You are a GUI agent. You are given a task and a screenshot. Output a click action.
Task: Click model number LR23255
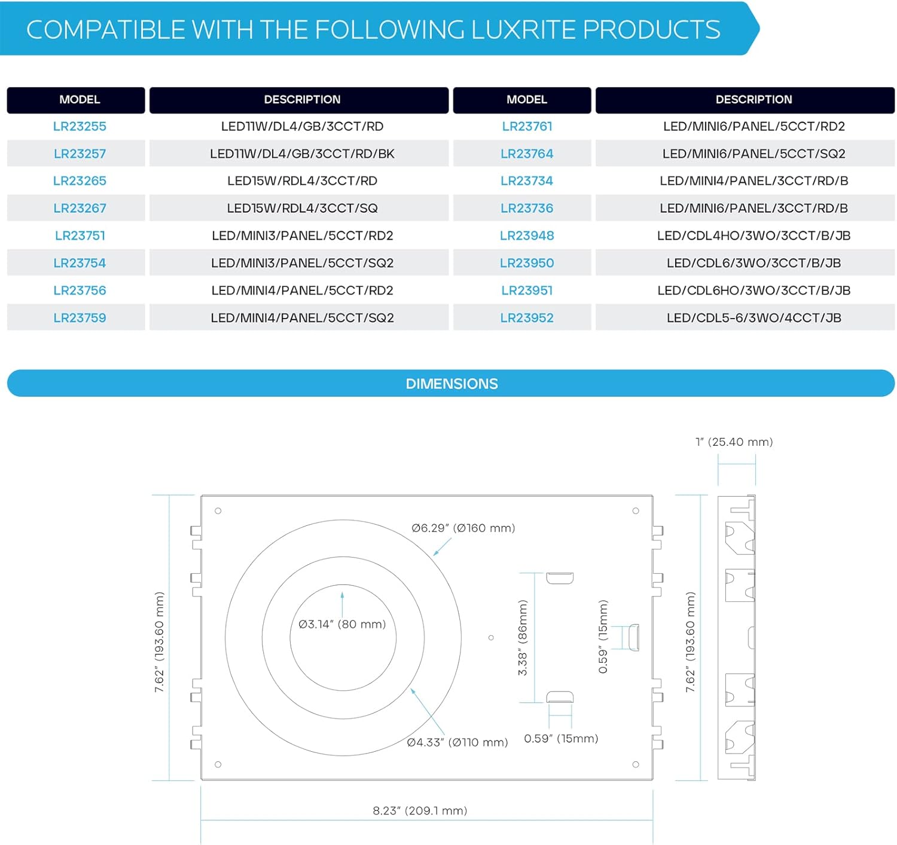coord(80,127)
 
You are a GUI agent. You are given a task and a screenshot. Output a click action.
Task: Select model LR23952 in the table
coord(527,318)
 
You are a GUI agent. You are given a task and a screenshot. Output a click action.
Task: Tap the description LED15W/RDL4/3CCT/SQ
coord(302,209)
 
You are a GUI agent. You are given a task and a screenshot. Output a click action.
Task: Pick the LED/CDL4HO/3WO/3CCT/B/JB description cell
coord(753,236)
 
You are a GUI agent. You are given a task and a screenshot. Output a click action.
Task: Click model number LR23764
coord(527,154)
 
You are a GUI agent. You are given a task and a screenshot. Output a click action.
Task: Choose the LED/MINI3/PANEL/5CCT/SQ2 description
coord(302,264)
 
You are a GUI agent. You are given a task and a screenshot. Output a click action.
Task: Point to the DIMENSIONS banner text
coord(451,384)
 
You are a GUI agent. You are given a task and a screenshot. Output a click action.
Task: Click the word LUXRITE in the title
coord(524,30)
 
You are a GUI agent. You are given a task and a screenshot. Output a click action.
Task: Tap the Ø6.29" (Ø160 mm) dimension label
coord(463,528)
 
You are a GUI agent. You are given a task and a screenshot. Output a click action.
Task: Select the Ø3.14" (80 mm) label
coord(342,624)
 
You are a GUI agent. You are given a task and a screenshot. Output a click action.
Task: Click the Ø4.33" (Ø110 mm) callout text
coord(457,743)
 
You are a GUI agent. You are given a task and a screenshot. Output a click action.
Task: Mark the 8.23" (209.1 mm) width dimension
coord(420,811)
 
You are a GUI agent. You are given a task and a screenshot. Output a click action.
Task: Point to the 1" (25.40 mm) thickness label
coord(734,442)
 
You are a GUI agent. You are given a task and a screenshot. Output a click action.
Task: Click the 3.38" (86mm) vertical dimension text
coord(523,638)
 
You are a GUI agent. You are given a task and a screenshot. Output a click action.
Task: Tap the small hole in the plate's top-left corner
coord(218,511)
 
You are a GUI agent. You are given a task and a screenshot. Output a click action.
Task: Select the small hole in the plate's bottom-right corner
coord(636,764)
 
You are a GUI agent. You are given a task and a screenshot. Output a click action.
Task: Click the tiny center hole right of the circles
coord(491,638)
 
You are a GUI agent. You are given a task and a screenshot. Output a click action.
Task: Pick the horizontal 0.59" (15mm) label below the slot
coord(561,739)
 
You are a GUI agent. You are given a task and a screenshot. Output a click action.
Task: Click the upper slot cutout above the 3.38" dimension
coord(560,578)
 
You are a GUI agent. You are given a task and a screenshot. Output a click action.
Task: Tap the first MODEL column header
coord(80,100)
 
